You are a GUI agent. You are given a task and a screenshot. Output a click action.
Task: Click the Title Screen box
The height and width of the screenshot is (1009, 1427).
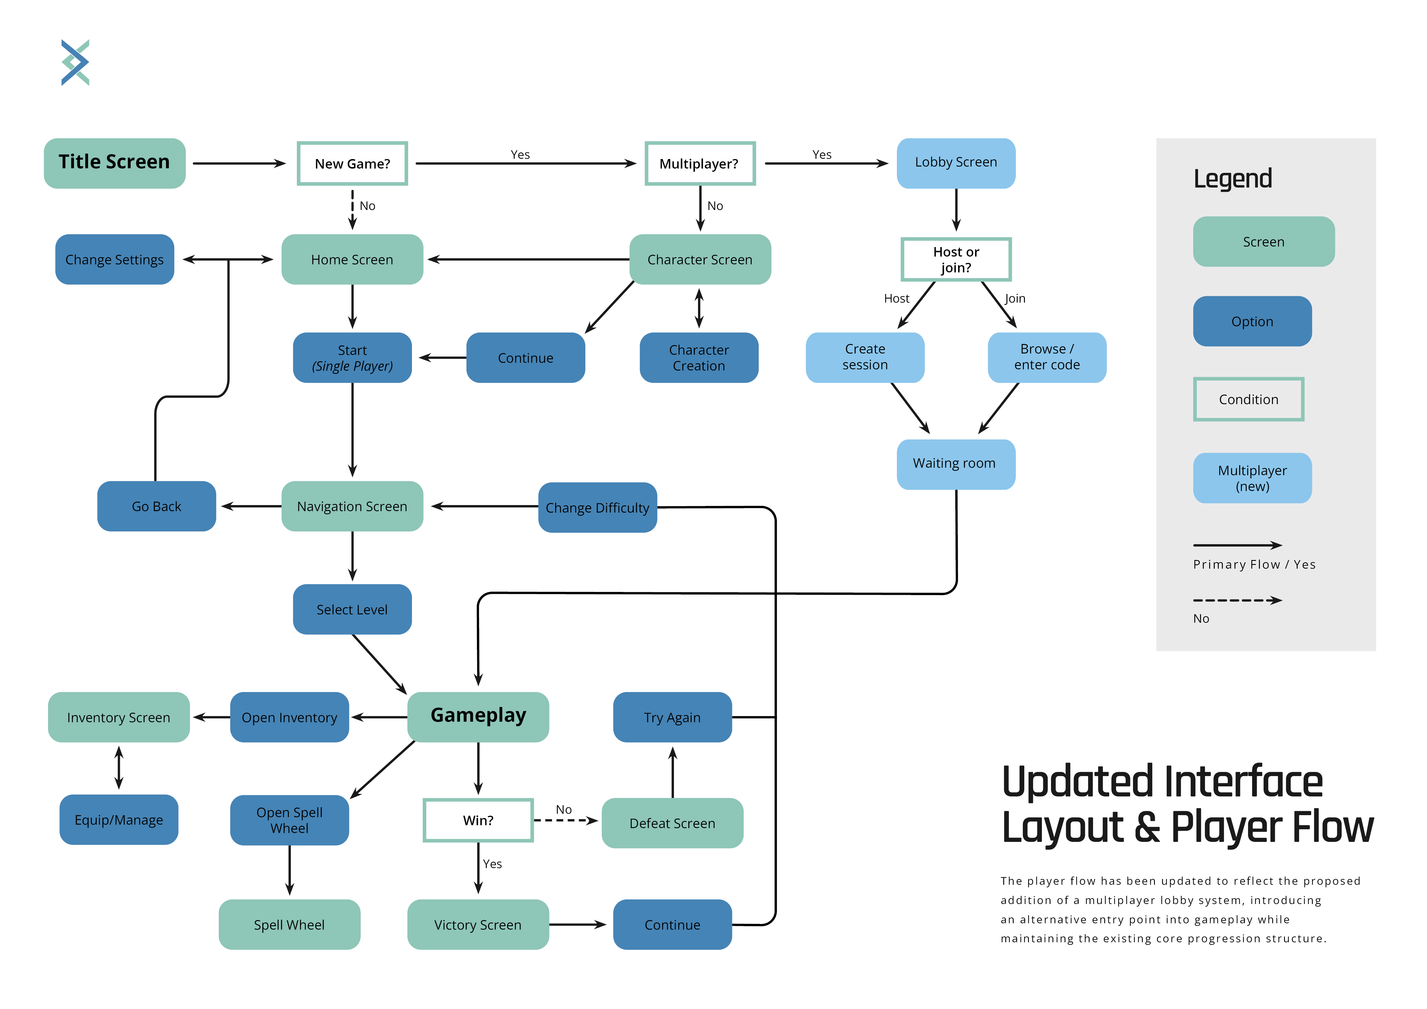click(114, 163)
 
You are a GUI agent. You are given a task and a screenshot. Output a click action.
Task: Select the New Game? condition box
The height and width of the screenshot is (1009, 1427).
click(352, 163)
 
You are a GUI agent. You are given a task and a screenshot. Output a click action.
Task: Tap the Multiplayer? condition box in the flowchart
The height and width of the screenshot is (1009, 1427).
click(700, 163)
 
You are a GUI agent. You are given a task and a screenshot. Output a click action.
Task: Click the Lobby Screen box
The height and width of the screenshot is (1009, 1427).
click(956, 163)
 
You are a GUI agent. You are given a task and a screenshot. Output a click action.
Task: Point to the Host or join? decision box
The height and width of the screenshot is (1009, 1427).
click(956, 259)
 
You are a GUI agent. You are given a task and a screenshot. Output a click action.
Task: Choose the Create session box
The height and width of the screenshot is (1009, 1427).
click(865, 357)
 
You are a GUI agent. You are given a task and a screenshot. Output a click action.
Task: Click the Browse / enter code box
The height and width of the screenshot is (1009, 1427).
click(1047, 357)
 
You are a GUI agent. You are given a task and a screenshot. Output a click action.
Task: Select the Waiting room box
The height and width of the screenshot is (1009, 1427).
click(956, 464)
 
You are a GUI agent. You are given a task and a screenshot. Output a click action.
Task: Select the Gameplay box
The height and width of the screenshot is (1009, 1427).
click(478, 716)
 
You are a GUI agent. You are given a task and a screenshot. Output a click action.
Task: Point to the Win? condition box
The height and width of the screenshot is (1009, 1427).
click(478, 820)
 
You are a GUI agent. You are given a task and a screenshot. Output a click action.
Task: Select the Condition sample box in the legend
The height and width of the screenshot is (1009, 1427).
click(1249, 399)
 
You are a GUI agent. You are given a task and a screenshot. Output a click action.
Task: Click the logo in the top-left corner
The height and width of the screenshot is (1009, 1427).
click(75, 62)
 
